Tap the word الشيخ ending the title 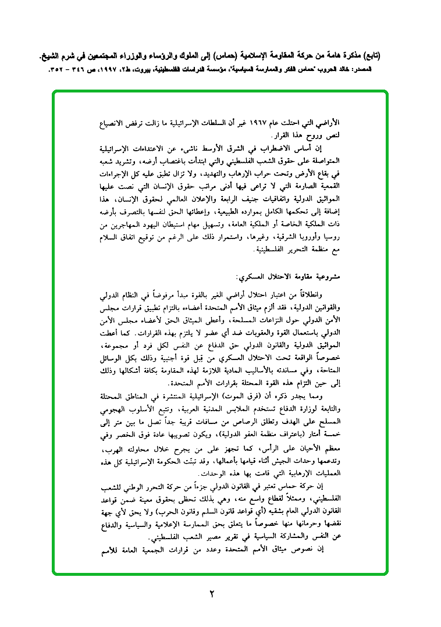tap(56, 56)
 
